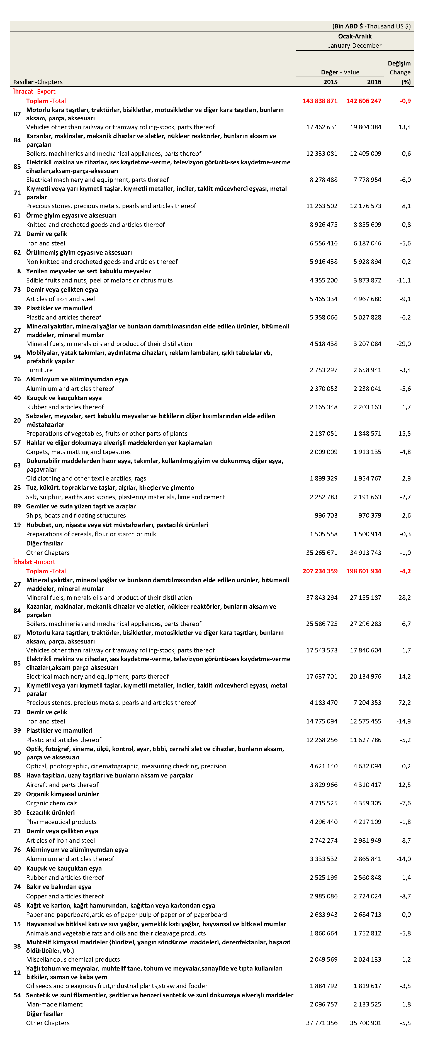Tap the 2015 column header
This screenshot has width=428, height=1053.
[x=330, y=82]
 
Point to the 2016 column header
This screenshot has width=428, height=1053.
[x=374, y=82]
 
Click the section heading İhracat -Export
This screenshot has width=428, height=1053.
[x=34, y=92]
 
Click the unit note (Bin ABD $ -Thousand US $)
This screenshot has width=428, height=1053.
[x=371, y=26]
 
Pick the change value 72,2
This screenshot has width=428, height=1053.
[x=404, y=703]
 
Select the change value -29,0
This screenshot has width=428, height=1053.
[x=403, y=344]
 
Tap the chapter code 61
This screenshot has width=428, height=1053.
[x=17, y=215]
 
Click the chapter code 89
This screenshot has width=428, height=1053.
[x=17, y=506]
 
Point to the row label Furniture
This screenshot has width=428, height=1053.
[x=39, y=370]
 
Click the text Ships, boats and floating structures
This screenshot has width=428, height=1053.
[x=76, y=515]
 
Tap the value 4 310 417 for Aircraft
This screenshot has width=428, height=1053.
[x=366, y=785]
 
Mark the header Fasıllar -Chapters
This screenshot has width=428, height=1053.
[x=38, y=82]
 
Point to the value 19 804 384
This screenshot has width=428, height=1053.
[x=366, y=127]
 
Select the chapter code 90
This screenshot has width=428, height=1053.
[x=17, y=753]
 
